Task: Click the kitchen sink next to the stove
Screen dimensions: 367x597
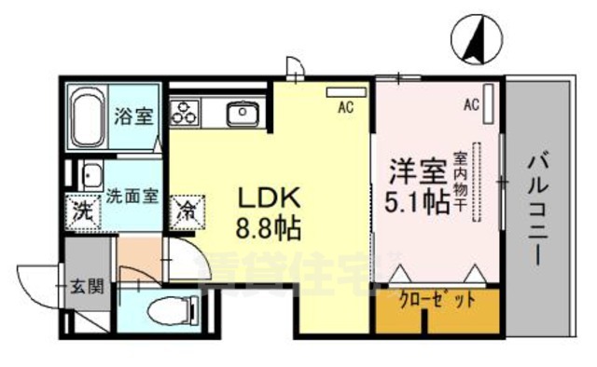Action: (x=243, y=115)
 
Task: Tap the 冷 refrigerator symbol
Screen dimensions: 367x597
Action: (x=186, y=210)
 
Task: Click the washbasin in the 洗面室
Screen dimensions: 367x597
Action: (x=90, y=176)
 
